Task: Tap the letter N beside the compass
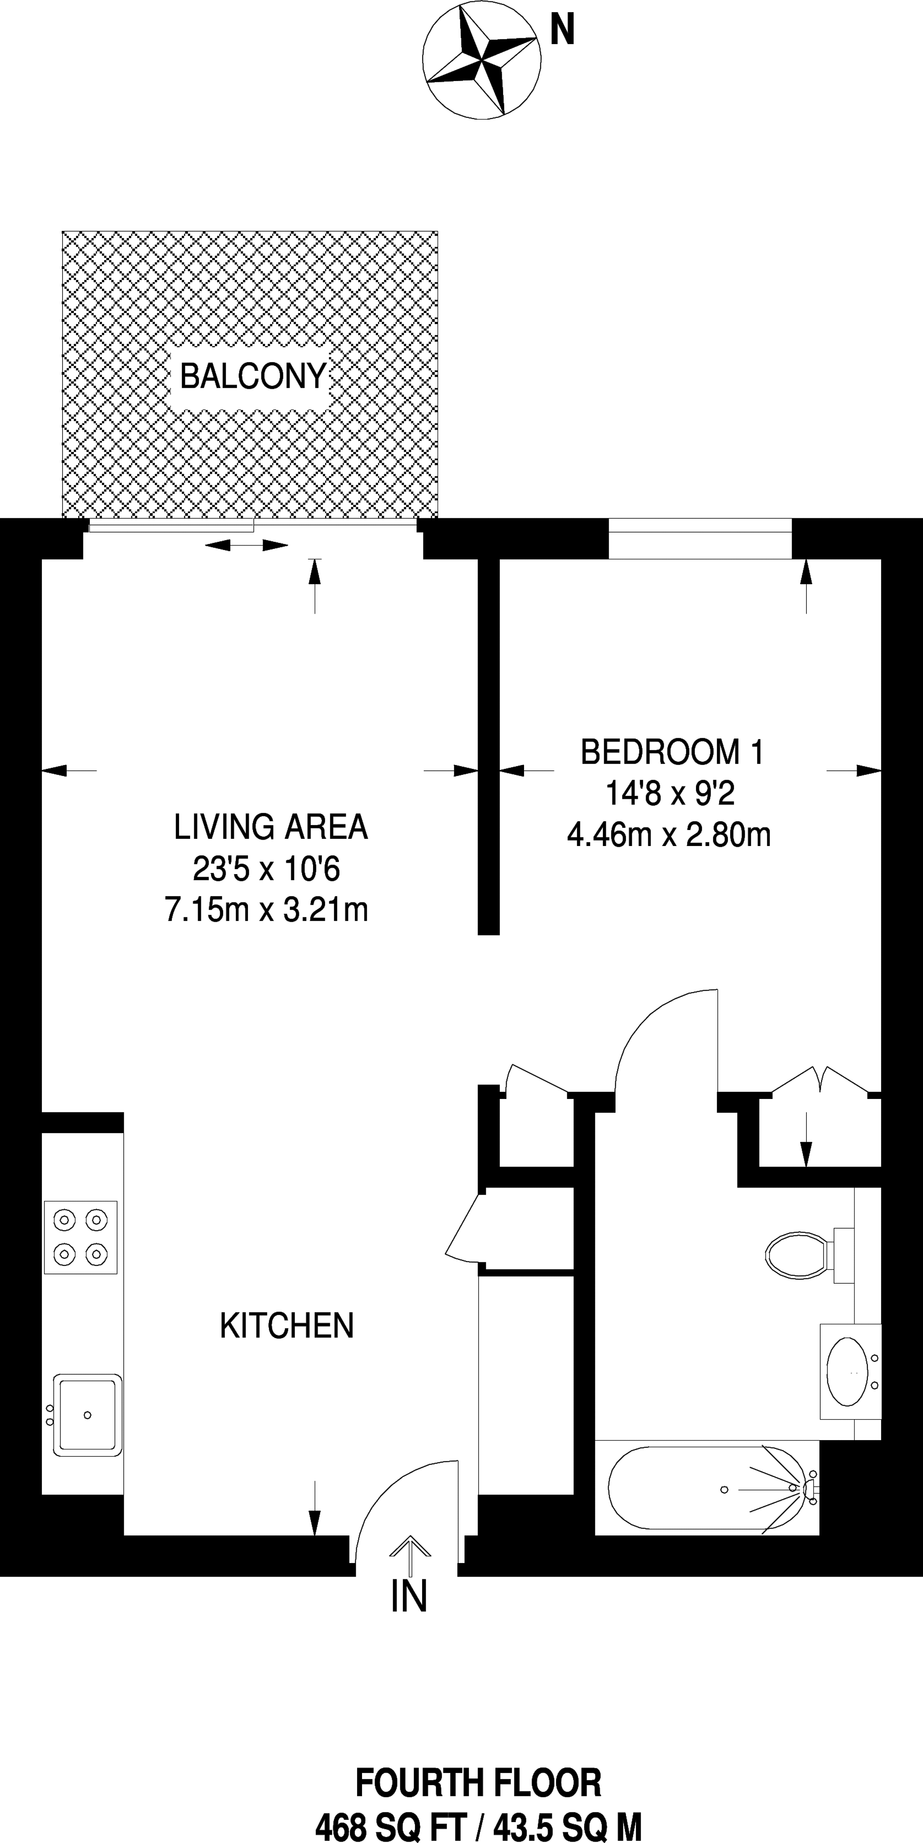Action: tap(562, 31)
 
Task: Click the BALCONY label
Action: tap(253, 376)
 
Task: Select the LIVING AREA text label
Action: tap(271, 827)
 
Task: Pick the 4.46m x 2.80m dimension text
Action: tap(669, 834)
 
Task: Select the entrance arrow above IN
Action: tap(410, 1555)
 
